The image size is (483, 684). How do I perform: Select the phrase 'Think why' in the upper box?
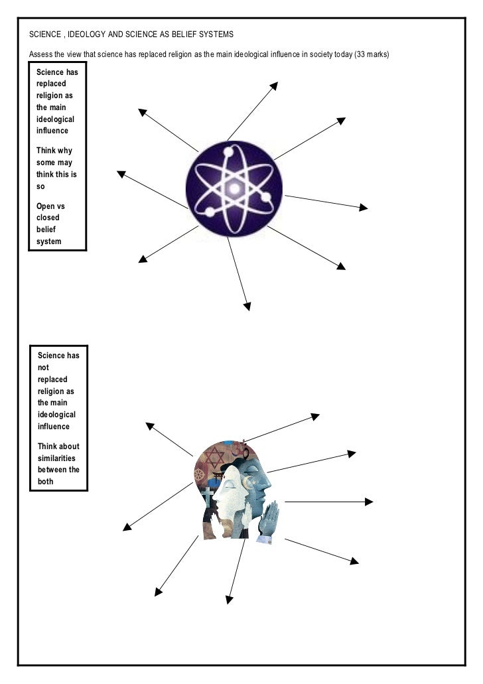(54, 151)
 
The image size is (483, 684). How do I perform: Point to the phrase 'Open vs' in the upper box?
(50, 206)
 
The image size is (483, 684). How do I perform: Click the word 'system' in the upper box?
(49, 241)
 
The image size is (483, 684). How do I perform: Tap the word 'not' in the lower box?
(43, 367)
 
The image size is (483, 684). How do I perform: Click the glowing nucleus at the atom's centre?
(234, 188)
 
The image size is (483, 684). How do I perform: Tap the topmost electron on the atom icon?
(229, 153)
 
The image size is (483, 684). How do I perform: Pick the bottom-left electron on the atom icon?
(210, 212)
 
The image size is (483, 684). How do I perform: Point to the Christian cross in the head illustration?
(208, 497)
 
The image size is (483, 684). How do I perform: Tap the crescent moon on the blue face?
(250, 480)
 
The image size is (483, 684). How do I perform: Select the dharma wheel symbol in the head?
(199, 474)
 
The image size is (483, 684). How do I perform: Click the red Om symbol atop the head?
(243, 450)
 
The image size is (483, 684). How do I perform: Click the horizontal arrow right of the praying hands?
(328, 502)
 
